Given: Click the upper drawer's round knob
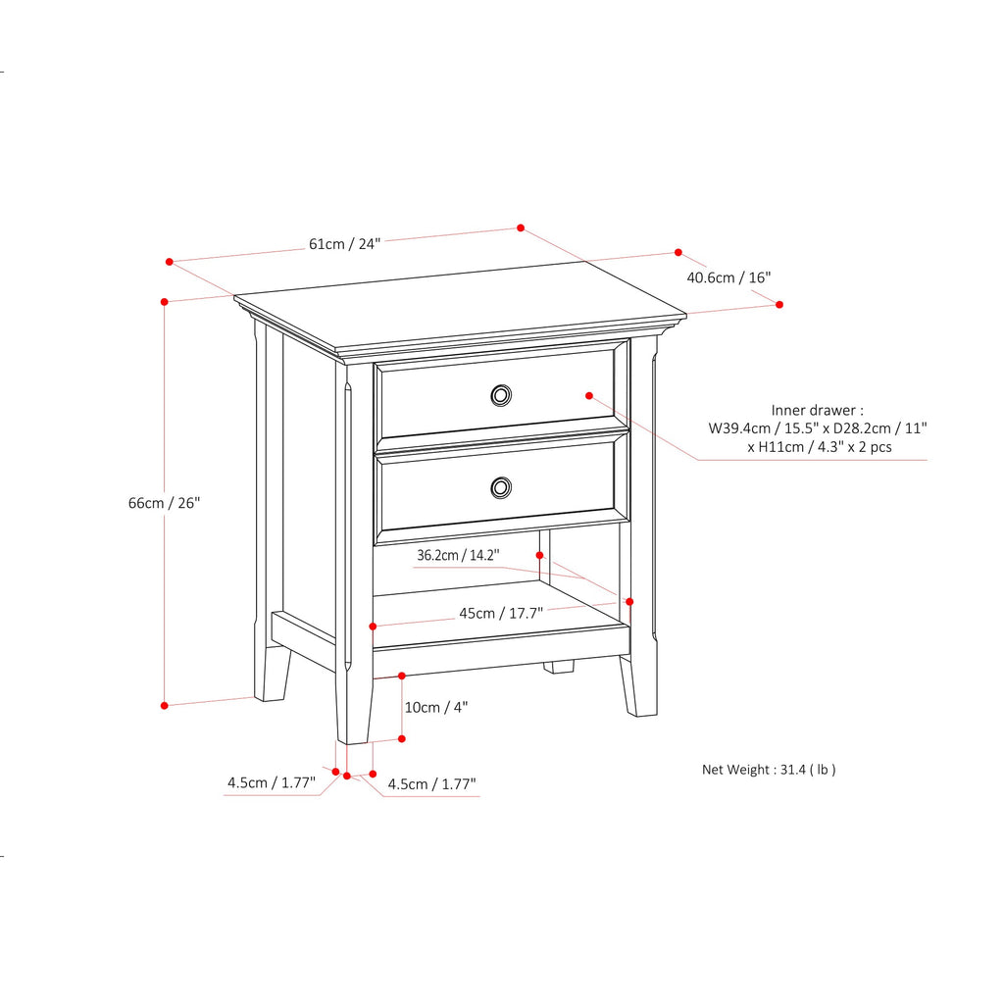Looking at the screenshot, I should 501,394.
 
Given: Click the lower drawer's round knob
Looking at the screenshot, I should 501,486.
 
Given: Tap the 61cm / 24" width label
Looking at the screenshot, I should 344,243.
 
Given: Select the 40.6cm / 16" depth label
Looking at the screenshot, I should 728,277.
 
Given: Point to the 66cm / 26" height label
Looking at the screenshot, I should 164,503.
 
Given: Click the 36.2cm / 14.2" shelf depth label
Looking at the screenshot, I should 458,555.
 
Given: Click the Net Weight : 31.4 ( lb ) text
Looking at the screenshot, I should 769,770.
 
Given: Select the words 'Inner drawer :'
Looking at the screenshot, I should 818,410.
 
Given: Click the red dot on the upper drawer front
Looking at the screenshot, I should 589,395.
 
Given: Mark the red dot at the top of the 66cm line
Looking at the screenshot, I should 165,301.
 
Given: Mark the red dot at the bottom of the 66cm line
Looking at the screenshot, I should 165,705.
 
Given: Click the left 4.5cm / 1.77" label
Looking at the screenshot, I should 271,782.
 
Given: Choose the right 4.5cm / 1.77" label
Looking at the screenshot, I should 431,783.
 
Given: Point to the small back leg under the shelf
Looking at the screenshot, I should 559,667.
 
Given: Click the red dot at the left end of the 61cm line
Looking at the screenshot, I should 170,262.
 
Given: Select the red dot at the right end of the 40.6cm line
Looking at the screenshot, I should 779,304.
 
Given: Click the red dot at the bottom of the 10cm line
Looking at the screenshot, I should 402,738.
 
